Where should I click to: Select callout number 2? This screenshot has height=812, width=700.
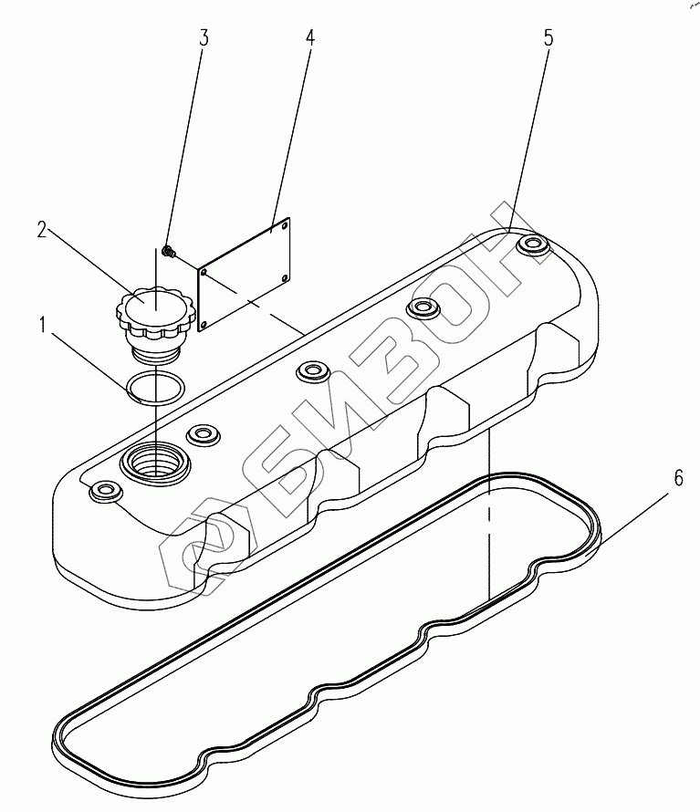point(43,230)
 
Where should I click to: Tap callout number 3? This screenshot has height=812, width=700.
point(204,38)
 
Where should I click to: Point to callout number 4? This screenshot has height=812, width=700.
point(310,38)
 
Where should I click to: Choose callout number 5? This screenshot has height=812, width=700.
point(548,38)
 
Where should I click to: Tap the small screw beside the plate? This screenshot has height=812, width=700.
point(168,249)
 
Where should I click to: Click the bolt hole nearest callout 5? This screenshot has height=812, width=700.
point(531,245)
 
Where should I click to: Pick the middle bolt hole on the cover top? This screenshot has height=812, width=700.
point(311,371)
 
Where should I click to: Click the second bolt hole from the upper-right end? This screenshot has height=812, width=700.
point(423,307)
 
